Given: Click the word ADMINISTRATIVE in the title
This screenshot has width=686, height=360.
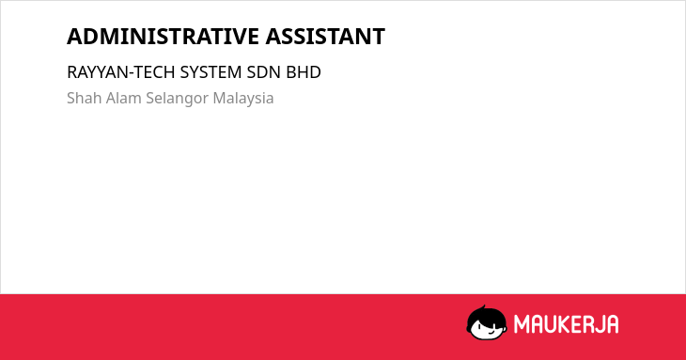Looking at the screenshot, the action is pyautogui.click(x=163, y=37).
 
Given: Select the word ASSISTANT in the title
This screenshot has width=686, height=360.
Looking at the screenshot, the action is pyautogui.click(x=325, y=37).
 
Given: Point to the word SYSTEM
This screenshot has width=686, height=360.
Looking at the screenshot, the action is pyautogui.click(x=210, y=72).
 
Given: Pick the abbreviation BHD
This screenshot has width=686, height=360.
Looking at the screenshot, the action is pyautogui.click(x=304, y=72).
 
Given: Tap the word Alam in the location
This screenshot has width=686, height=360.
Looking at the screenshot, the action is pyautogui.click(x=124, y=98).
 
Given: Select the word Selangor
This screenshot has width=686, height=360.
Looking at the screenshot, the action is pyautogui.click(x=178, y=99).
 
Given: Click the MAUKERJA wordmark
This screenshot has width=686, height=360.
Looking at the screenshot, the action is pyautogui.click(x=566, y=324).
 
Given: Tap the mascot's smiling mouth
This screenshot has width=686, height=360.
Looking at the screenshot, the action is pyautogui.click(x=491, y=332).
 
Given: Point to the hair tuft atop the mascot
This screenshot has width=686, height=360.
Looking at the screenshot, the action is pyautogui.click(x=483, y=307).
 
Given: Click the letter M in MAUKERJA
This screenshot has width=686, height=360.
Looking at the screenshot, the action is pyautogui.click(x=521, y=324).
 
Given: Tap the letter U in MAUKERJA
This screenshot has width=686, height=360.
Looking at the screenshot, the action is pyautogui.click(x=552, y=324).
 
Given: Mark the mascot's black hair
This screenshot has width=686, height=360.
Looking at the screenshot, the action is pyautogui.click(x=486, y=316).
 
